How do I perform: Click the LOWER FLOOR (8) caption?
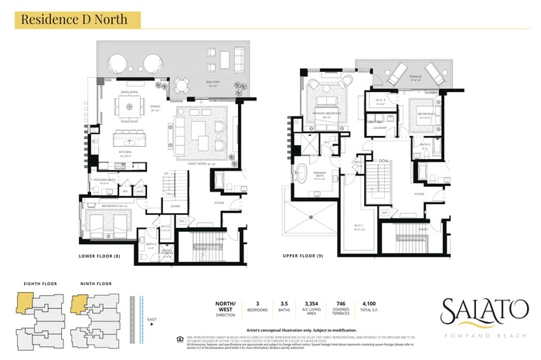tap(100, 255)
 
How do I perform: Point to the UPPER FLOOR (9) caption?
tap(301, 255)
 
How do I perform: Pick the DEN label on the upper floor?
tap(383, 161)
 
